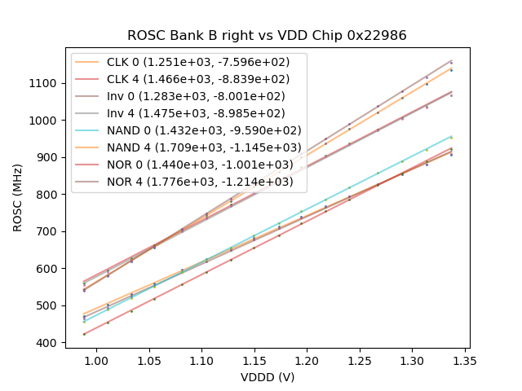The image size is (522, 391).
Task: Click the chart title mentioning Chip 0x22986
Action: pos(267,36)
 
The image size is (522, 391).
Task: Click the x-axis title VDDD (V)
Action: pos(267,377)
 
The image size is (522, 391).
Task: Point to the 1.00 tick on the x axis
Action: pos(96,359)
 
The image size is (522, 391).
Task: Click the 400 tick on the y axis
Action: pos(47,343)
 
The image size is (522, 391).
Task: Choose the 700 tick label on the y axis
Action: pos(47,231)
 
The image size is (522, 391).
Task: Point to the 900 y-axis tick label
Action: pos(47,157)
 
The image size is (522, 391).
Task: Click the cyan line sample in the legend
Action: pos(89,130)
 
